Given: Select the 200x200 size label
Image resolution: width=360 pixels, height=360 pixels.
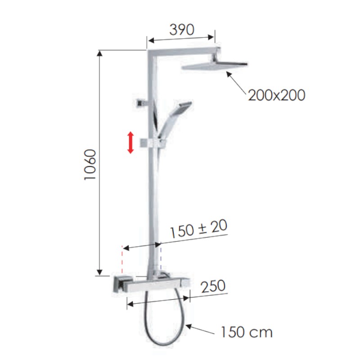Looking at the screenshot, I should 276,95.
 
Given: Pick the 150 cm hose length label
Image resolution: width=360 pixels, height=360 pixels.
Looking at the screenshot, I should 247,333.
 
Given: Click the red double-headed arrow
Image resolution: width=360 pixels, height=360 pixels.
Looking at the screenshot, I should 130,142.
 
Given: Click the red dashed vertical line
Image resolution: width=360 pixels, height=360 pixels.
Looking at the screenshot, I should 122,261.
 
